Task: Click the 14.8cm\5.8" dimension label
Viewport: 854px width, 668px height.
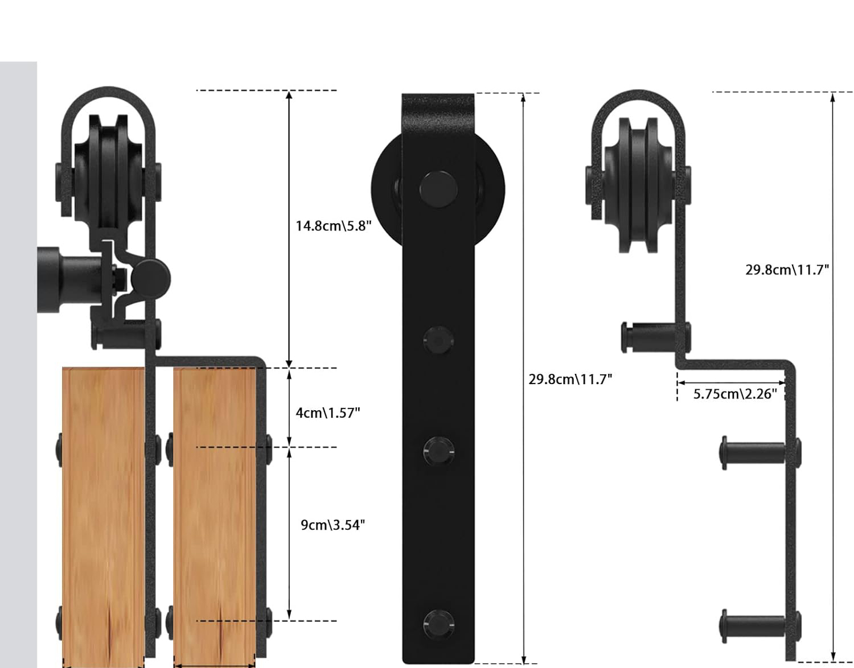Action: tap(333, 226)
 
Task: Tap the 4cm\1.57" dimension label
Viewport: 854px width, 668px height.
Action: tap(328, 413)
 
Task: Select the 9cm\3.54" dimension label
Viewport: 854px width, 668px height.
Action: tap(332, 525)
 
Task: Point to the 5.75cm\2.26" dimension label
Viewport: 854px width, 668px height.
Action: tap(735, 394)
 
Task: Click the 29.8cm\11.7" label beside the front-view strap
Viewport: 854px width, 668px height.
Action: tap(570, 380)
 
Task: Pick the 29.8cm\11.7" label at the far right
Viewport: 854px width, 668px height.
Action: tap(787, 270)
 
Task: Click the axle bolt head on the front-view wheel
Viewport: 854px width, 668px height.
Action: tap(438, 189)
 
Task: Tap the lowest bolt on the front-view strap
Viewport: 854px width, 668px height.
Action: tap(439, 624)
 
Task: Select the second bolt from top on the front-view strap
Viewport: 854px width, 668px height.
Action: tap(439, 340)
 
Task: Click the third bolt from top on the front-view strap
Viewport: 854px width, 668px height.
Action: tap(439, 451)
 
